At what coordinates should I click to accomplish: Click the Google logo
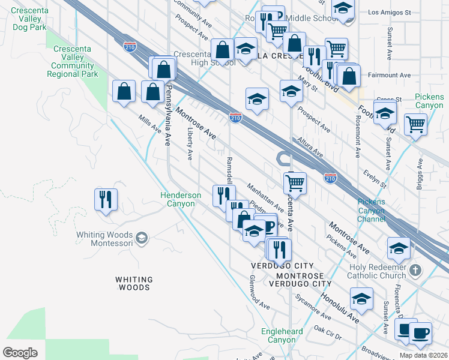pyautogui.click(x=20, y=353)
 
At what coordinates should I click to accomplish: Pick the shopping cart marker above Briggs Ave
pyautogui.click(x=415, y=125)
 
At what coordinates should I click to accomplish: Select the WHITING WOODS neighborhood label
pyautogui.click(x=133, y=283)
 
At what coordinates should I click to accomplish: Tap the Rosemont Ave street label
pyautogui.click(x=357, y=137)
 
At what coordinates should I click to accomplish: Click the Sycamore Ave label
pyautogui.click(x=312, y=307)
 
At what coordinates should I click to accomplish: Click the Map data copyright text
pyautogui.click(x=423, y=355)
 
